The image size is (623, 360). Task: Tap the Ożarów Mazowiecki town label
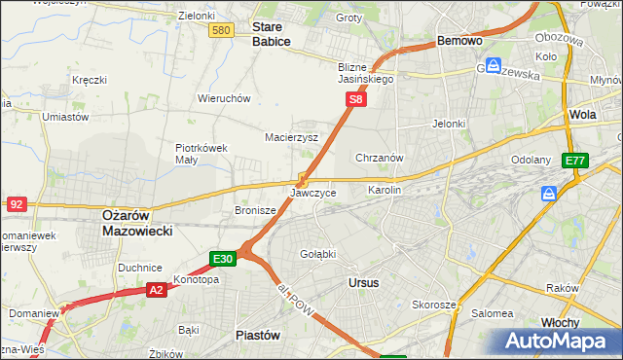(x=137, y=223)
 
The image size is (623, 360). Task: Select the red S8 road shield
(x=357, y=99)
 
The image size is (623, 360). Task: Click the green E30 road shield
(x=222, y=259)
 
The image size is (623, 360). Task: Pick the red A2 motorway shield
(x=158, y=289)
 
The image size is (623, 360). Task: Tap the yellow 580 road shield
(x=221, y=31)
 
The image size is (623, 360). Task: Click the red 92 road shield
(x=16, y=203)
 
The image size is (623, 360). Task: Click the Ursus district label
(x=363, y=282)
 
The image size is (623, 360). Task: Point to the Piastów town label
(x=258, y=334)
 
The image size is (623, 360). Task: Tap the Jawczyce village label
(x=312, y=193)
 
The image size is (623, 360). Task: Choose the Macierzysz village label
(x=292, y=137)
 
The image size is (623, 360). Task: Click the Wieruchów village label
(x=225, y=98)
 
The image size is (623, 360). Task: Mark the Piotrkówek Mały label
(x=202, y=154)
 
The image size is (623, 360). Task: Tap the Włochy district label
(x=560, y=322)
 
